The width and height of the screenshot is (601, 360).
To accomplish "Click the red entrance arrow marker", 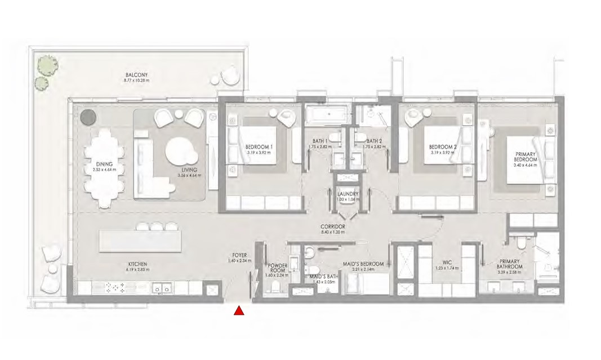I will click(239, 310).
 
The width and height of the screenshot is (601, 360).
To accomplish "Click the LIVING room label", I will click(189, 171).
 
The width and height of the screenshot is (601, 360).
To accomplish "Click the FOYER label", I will click(239, 256).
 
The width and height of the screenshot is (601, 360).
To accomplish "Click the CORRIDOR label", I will click(332, 226).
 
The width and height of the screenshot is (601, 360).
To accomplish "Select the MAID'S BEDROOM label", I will click(363, 264).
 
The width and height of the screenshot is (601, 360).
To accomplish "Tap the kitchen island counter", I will click(140, 241).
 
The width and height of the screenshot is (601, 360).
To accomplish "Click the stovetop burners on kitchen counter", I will click(115, 288).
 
